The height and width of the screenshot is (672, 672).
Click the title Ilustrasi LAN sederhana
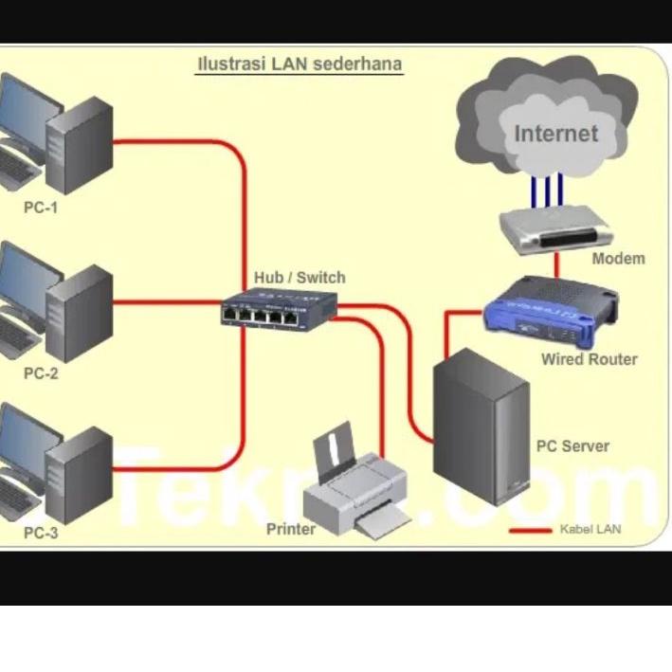tap(299, 64)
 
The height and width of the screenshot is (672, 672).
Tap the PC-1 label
tap(41, 207)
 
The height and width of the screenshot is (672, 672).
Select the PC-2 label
tap(41, 373)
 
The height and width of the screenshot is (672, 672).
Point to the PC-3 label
tap(41, 533)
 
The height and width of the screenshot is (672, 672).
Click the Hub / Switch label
tap(300, 278)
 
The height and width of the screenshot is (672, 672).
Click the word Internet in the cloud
tap(556, 134)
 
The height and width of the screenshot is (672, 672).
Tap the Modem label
tap(618, 259)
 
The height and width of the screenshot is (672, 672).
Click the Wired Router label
tap(589, 359)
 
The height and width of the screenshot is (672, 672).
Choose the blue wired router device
tap(551, 310)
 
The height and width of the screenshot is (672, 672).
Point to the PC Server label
tap(572, 445)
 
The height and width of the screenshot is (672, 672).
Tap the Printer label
tap(291, 529)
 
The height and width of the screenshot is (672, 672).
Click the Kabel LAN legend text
tap(590, 529)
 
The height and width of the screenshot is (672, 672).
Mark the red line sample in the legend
tap(530, 530)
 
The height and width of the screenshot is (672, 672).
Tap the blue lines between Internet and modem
tap(547, 189)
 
